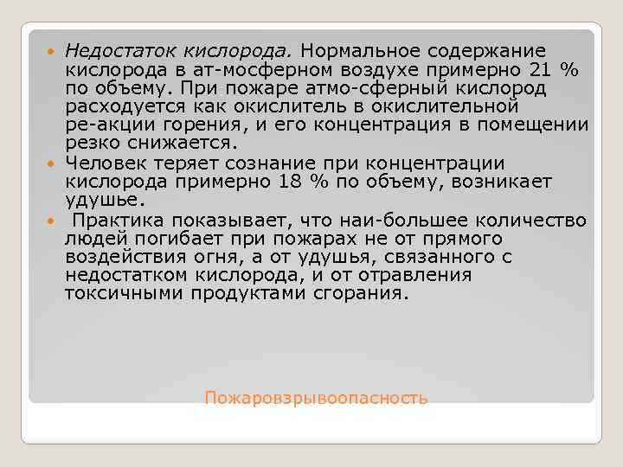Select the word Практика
tap(119, 219)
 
